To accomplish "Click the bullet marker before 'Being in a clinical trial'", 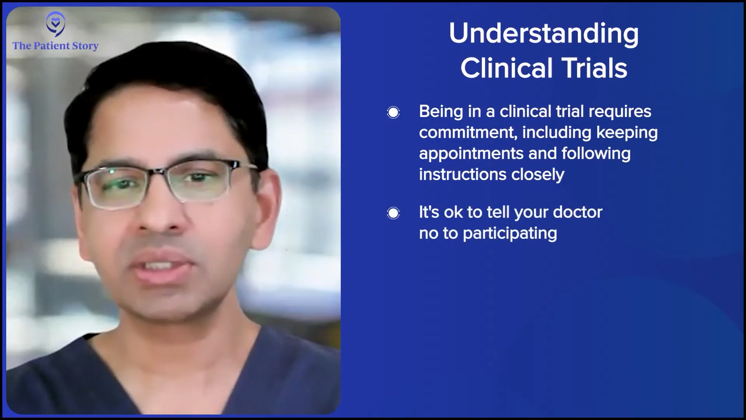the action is point(393,112).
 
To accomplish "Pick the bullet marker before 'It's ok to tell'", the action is point(393,213).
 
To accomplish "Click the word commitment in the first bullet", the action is point(468,133).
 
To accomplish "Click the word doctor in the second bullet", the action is point(578,212).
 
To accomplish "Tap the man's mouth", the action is point(163,268).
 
